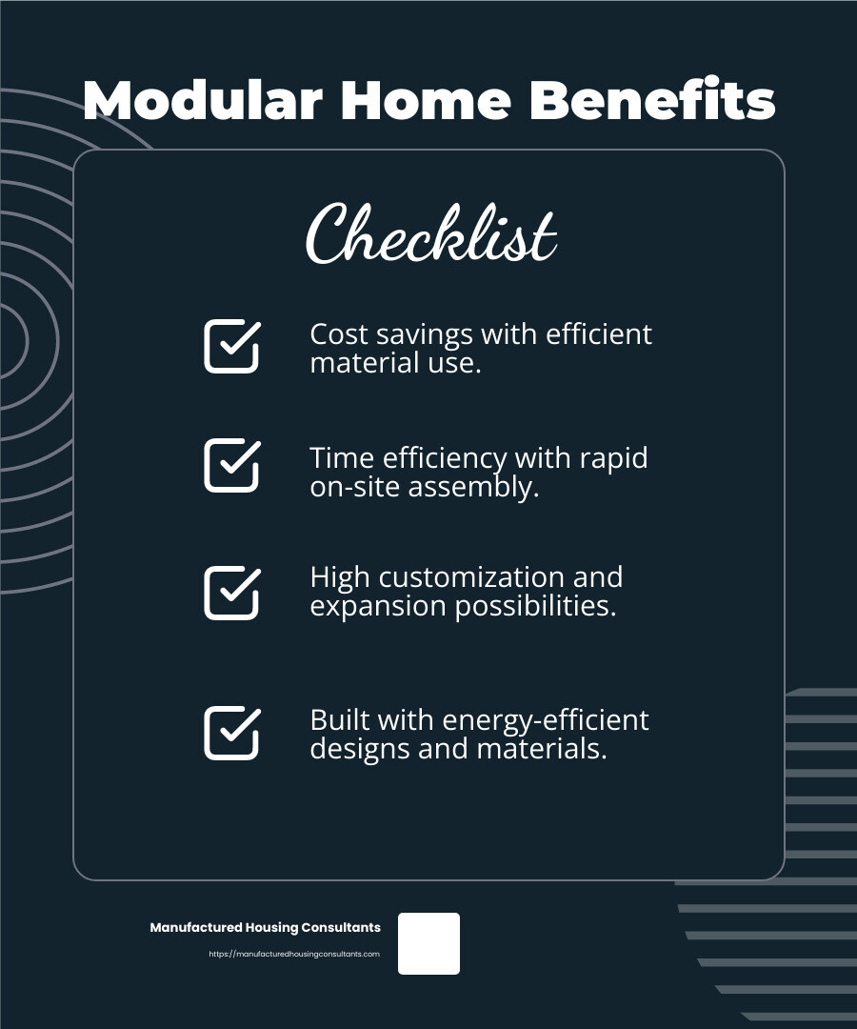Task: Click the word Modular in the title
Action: (x=203, y=100)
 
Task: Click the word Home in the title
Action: (x=426, y=100)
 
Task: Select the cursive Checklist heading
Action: (x=431, y=232)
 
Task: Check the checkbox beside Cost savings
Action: (x=232, y=347)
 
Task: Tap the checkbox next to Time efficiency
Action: (x=232, y=465)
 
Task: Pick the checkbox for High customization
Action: (x=232, y=593)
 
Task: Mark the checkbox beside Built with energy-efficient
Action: (x=232, y=733)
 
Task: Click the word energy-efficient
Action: (x=547, y=720)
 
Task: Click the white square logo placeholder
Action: (x=428, y=943)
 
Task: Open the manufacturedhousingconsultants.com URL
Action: (x=294, y=954)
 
